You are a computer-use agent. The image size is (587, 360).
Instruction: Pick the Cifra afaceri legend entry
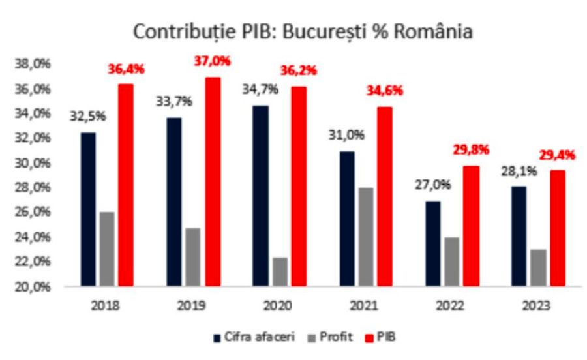[255, 337]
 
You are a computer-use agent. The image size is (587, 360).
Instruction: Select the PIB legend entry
[384, 337]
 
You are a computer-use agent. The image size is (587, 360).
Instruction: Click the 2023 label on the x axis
[535, 305]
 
